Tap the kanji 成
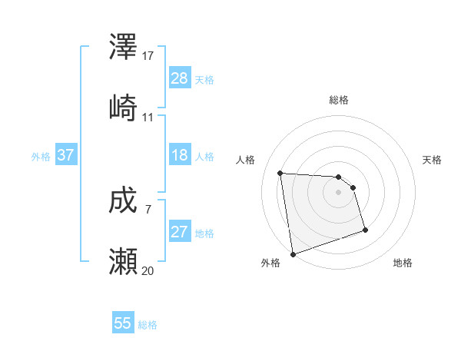pos(124,202)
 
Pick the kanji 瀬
pos(124,261)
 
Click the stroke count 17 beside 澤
pos(148,56)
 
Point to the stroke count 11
pos(148,117)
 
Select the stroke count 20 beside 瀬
pos(148,270)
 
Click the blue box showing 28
pos(179,78)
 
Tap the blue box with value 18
pos(179,155)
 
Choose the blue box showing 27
pos(179,232)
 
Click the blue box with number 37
pos(66,155)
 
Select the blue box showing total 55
pos(123,323)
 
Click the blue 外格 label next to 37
pos(41,156)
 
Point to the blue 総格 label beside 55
pos(148,324)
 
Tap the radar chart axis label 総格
pos(339,100)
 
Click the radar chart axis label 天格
pos(432,160)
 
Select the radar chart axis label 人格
pos(246,160)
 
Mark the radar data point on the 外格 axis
pos(293,253)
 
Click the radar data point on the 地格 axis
pos(365,230)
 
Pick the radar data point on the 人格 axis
pos(280,173)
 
